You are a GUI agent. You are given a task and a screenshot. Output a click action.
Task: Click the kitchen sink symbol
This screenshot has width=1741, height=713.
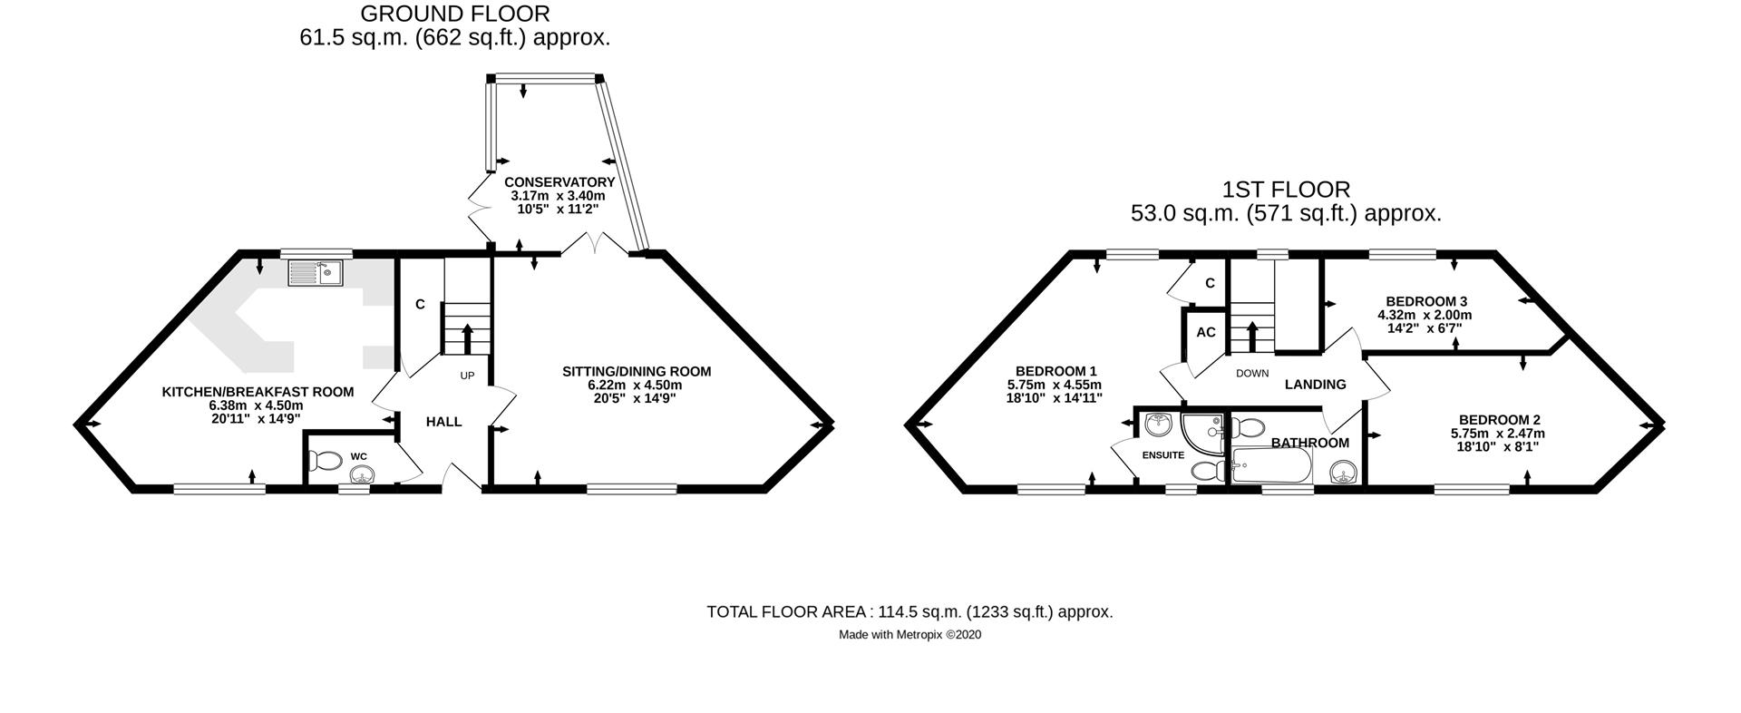click(315, 272)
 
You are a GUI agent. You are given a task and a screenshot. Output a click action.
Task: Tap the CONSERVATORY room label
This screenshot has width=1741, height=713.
click(559, 182)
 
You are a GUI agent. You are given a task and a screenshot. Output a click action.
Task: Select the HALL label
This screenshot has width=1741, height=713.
click(444, 422)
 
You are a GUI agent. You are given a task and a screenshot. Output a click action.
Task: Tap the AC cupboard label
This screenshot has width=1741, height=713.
click(1205, 333)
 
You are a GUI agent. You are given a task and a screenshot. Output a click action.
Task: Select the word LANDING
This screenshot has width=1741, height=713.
click(1315, 385)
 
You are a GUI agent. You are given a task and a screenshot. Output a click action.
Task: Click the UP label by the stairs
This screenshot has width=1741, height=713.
click(467, 376)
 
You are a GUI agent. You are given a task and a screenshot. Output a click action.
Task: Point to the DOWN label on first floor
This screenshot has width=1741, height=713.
click(1252, 373)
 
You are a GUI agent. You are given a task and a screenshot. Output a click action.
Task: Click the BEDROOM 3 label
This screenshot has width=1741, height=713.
click(1426, 301)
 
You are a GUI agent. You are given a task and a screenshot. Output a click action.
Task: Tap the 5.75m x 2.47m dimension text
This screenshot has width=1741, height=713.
click(1498, 434)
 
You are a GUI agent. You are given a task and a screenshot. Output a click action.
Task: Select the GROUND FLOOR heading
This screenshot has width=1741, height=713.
click(454, 14)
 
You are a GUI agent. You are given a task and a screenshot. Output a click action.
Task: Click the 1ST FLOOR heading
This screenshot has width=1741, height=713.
click(1286, 190)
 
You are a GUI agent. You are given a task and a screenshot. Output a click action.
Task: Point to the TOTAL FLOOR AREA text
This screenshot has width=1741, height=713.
click(909, 611)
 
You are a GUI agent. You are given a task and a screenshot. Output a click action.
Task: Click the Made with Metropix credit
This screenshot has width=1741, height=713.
click(909, 635)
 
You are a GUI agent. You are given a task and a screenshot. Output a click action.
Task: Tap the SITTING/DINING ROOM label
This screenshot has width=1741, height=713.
click(637, 372)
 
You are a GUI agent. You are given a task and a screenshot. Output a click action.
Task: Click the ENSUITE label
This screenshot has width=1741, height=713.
click(1162, 455)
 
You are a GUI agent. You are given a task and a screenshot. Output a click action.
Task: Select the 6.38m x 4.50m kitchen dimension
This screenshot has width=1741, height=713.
click(256, 405)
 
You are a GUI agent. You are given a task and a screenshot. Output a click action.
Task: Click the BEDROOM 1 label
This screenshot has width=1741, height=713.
click(1056, 371)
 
